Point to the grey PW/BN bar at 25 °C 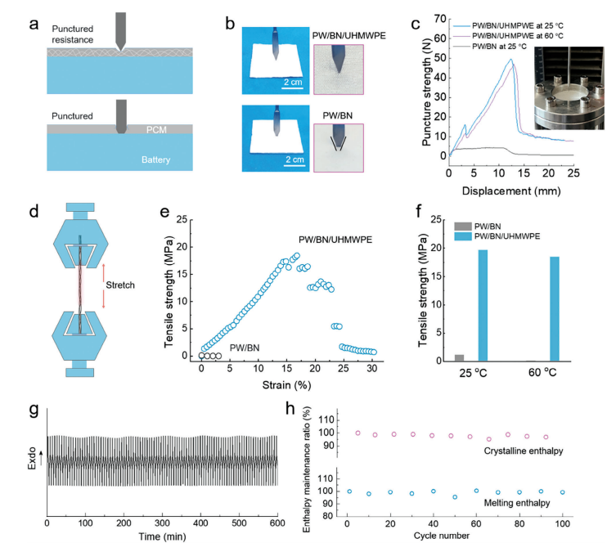click(x=460, y=357)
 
